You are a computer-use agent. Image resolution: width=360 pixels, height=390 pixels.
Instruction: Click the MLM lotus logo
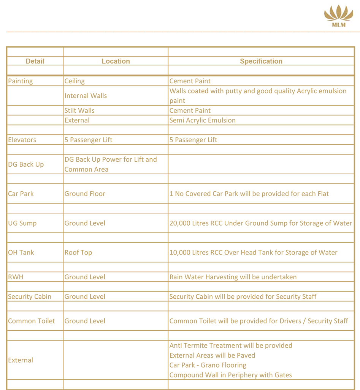338,16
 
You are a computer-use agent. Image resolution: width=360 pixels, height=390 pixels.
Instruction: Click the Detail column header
35,61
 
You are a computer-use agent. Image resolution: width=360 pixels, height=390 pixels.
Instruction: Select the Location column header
116,61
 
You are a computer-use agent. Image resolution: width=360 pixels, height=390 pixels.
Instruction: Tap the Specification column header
261,61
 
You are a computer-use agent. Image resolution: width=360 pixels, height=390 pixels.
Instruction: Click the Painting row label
21,81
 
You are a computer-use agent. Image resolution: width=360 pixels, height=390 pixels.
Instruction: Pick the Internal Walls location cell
86,96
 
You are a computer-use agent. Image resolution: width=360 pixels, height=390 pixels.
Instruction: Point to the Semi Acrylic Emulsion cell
202,120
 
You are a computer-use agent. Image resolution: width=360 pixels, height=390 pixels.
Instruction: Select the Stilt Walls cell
79,111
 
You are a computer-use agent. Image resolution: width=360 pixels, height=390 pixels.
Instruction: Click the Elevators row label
22,140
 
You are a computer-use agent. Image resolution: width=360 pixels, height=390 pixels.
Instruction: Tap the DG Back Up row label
26,164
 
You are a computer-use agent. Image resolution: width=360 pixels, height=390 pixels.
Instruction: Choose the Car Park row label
21,194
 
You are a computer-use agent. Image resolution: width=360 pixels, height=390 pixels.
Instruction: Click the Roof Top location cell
78,253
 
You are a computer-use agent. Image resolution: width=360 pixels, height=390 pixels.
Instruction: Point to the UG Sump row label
22,223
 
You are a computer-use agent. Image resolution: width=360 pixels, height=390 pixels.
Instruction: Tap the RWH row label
16,277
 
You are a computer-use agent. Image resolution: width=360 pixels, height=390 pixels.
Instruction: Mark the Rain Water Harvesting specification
233,277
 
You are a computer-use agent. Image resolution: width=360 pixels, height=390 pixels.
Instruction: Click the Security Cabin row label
30,297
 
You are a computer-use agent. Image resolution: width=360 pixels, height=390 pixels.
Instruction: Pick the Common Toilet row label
32,321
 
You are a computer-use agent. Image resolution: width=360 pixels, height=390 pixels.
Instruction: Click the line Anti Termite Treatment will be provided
231,345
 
